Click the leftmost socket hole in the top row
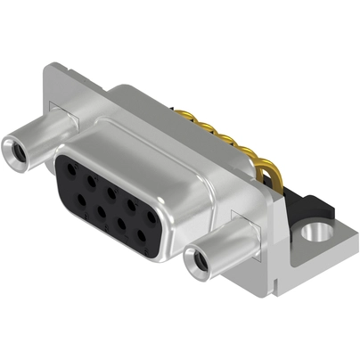click(x=69, y=166)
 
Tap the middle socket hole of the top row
click(x=110, y=191)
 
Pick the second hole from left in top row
click(x=89, y=178)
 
